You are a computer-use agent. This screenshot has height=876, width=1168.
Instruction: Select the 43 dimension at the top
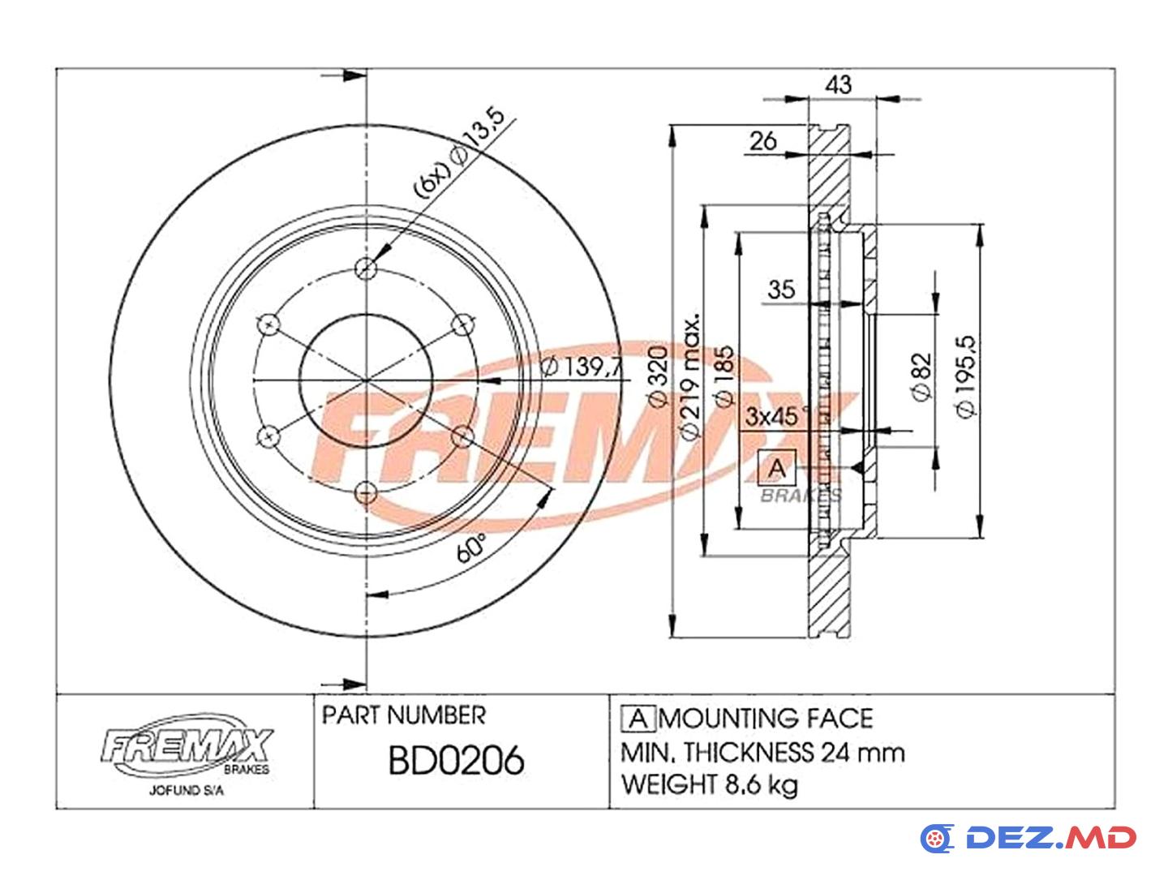point(838,84)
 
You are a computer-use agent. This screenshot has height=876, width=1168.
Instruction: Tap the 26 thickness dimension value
point(763,141)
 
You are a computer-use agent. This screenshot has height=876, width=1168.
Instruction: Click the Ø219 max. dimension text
point(690,377)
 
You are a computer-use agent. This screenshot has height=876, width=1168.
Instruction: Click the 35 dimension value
point(781,290)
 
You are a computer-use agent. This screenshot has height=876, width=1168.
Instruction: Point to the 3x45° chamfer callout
point(777,416)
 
